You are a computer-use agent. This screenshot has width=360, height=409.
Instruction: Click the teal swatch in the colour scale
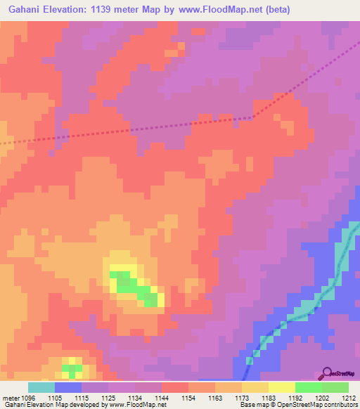tap(41, 387)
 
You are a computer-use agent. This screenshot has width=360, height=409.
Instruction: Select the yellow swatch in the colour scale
tap(281, 387)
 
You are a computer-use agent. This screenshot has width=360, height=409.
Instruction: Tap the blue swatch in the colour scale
tap(68, 387)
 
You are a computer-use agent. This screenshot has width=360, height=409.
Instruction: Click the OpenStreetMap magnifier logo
tap(326, 373)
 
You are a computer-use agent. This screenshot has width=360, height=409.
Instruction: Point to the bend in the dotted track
tap(252, 117)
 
